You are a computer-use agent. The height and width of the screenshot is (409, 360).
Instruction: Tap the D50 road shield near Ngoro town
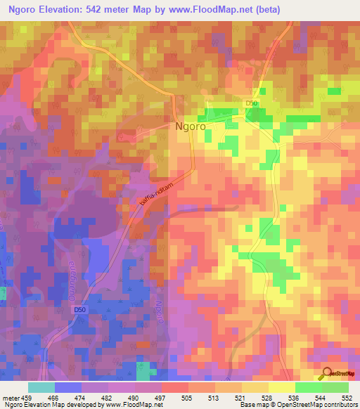(252, 104)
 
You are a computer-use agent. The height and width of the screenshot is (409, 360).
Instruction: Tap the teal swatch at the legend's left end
(41, 387)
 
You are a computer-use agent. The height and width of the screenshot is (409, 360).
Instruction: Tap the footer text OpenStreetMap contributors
(313, 405)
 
